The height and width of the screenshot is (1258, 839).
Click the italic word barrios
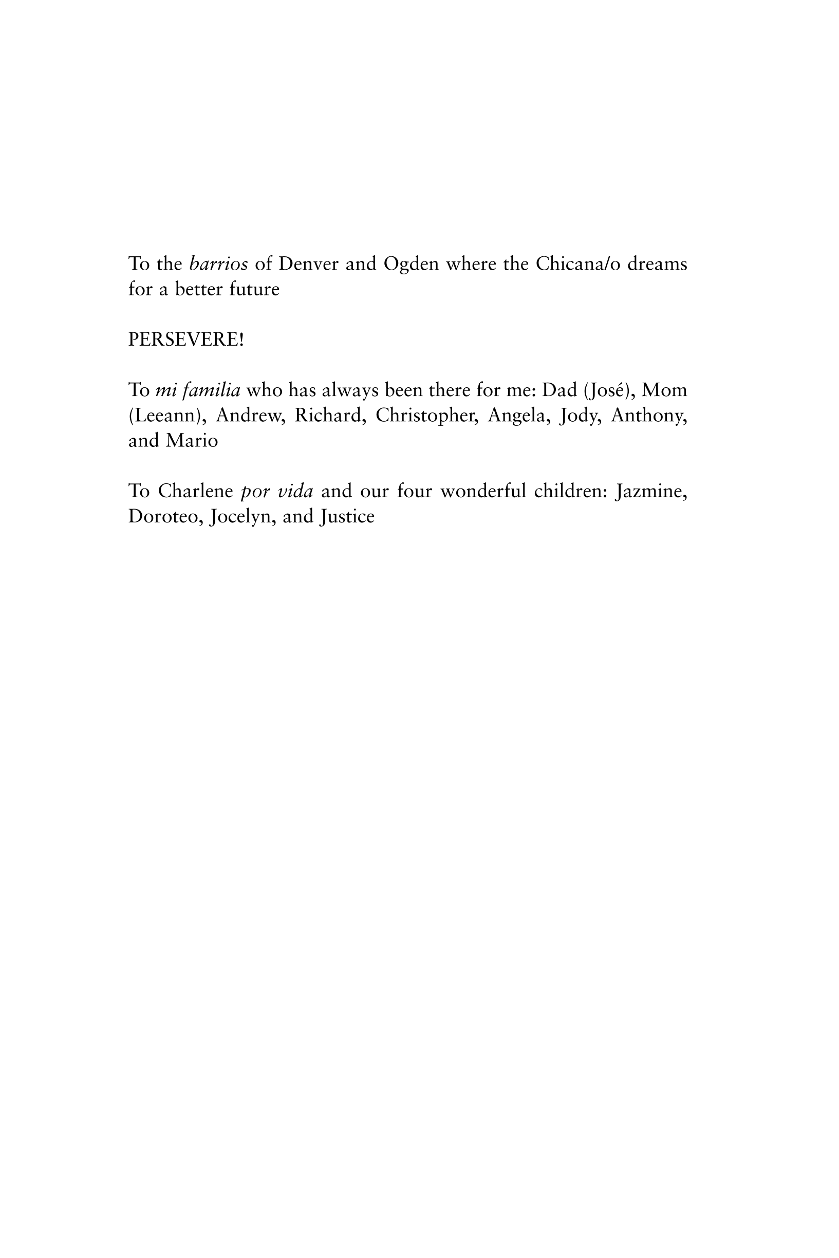coord(218,264)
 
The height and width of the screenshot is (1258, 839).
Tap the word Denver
coord(308,264)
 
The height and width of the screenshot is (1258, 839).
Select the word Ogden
coord(411,264)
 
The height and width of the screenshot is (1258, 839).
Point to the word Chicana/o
coord(578,264)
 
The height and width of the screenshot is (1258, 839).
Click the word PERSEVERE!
coord(186,340)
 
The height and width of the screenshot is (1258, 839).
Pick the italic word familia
coord(211,390)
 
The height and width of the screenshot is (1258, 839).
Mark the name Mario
coord(192,441)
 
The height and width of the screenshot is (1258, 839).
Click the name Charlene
coord(195,491)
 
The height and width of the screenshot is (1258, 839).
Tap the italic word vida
coord(295,491)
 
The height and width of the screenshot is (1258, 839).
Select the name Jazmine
coord(651,491)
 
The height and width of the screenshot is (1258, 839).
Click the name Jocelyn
coord(244,517)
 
